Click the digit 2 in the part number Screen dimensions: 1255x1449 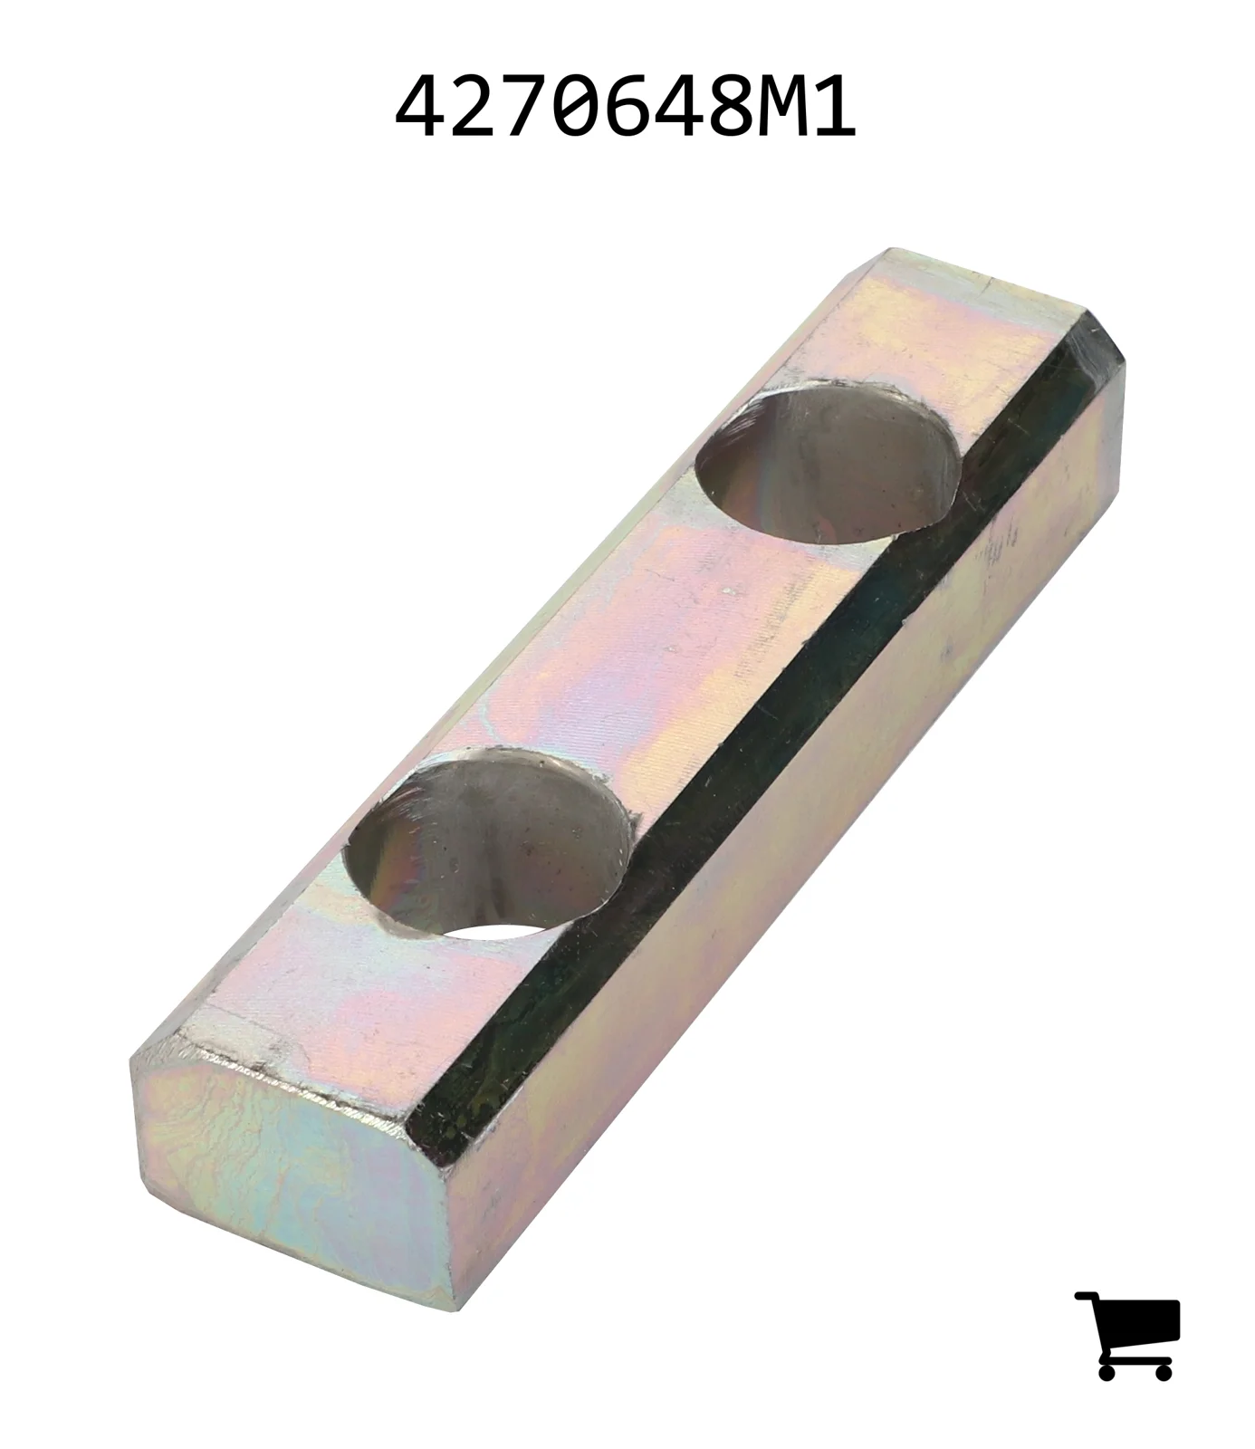478,107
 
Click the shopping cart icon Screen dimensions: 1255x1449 1127,1335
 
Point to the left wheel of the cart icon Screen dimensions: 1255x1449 1107,1370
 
